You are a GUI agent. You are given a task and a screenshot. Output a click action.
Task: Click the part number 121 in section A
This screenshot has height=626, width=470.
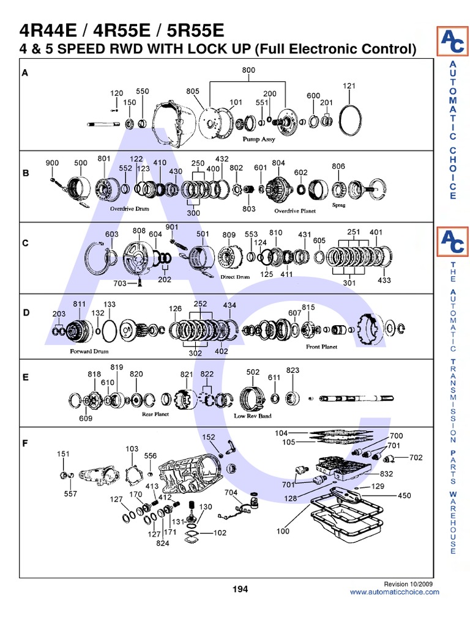pos(349,86)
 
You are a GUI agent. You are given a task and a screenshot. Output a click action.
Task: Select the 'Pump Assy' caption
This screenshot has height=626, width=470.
pos(259,139)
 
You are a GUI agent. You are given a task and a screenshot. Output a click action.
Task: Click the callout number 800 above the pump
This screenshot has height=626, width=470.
pos(248,70)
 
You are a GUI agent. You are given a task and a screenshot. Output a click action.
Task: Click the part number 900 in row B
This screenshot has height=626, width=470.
pos(52,163)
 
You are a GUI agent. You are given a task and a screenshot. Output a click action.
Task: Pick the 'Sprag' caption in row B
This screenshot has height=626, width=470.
pos(339,205)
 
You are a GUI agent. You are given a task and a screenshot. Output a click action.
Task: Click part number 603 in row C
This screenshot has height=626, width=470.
pos(111,234)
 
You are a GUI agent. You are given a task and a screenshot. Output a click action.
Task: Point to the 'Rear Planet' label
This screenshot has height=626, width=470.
pos(155,414)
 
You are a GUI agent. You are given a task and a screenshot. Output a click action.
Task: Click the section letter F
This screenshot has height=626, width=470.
pos(26,443)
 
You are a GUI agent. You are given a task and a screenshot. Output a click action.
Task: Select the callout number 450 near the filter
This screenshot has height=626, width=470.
pos(405,495)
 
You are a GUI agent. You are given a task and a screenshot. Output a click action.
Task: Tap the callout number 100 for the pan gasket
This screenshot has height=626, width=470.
pos(283,531)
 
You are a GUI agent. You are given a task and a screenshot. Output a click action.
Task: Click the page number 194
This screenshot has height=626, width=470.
pos(239,589)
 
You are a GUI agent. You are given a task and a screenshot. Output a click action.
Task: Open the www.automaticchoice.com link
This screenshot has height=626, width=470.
pos(394,592)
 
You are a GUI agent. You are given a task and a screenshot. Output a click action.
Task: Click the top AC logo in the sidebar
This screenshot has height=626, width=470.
pos(452,42)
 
